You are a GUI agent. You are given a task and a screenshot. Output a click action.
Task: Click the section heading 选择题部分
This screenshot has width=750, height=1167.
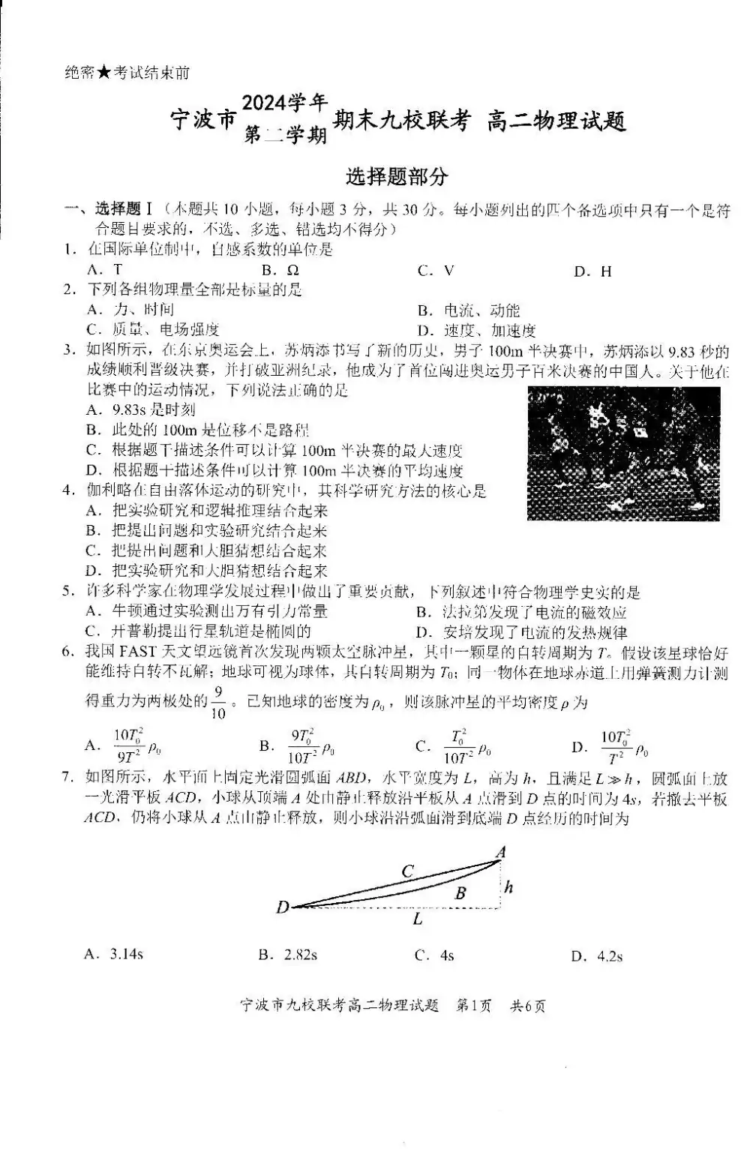click(x=397, y=177)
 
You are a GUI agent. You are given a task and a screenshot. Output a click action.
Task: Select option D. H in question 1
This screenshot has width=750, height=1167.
click(x=592, y=271)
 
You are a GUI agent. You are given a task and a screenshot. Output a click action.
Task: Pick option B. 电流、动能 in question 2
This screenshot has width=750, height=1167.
click(x=469, y=310)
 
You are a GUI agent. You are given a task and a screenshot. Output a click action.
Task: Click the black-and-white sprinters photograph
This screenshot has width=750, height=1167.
click(x=623, y=453)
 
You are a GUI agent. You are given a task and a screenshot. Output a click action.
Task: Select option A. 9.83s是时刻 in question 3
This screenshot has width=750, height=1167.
click(x=142, y=409)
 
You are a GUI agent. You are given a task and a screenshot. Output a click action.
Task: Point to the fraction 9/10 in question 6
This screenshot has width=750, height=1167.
click(x=218, y=702)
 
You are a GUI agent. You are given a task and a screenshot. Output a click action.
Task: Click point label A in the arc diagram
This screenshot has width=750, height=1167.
click(x=501, y=850)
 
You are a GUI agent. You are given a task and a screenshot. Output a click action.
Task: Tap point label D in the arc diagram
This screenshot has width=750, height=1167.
click(x=282, y=907)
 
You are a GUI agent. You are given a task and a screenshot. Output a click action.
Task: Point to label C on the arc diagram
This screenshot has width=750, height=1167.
click(x=407, y=871)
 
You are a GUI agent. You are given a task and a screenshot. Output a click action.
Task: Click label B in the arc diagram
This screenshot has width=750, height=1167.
click(x=460, y=893)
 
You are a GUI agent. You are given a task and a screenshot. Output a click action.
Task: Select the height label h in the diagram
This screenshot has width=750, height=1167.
click(x=509, y=887)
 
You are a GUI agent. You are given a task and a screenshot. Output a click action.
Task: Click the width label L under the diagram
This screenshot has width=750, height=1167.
click(x=418, y=919)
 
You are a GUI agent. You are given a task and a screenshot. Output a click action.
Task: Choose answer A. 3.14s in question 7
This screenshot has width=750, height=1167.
click(x=115, y=955)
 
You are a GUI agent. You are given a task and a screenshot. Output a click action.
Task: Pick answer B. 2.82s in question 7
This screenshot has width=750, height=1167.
click(x=288, y=955)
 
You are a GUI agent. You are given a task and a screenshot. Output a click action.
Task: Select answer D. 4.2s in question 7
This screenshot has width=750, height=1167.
click(x=597, y=955)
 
